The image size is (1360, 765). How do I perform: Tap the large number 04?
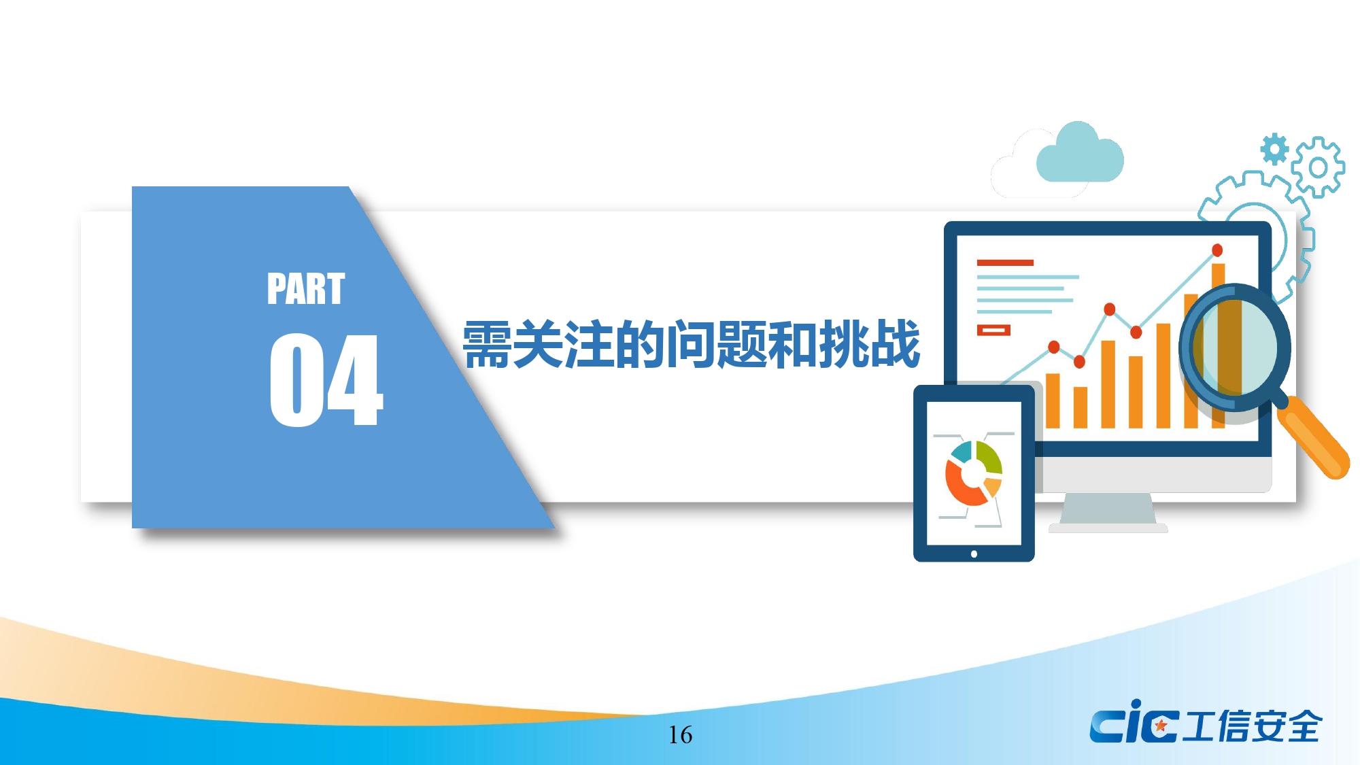click(326, 380)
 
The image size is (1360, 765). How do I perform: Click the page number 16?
click(680, 735)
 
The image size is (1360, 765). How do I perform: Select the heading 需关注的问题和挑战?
click(692, 344)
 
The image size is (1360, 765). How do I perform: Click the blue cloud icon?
click(1080, 153)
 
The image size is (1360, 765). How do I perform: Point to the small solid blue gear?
click(1274, 149)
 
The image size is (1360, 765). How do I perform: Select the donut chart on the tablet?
click(974, 473)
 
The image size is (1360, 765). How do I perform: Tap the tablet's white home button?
click(974, 554)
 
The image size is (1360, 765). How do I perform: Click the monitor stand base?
click(1108, 528)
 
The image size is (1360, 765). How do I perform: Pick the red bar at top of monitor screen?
click(1005, 262)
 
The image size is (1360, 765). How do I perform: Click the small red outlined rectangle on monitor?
click(993, 330)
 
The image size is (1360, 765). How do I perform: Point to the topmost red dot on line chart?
click(1217, 250)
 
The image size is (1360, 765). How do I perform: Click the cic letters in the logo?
click(1134, 723)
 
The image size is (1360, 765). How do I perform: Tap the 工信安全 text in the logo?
click(1253, 726)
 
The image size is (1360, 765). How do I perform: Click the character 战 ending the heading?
click(896, 344)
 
